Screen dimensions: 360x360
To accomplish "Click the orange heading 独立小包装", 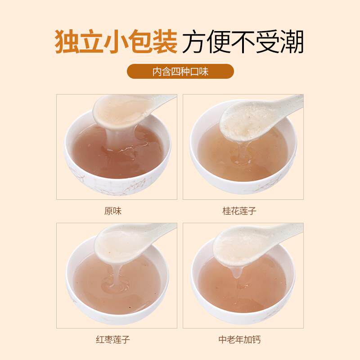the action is click(116, 41).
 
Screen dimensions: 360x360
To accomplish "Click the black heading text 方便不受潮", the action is click(243, 41).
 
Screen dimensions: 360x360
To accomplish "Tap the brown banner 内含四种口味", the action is click(180, 72).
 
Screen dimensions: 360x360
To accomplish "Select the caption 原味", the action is click(113, 211).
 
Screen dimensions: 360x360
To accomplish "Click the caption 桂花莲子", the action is click(239, 211).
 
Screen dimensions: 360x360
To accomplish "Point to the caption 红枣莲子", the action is click(113, 340).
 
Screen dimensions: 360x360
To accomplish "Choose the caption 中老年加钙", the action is click(239, 340).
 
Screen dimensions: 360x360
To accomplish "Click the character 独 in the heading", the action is click(67, 41).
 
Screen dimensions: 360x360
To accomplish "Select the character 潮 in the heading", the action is click(292, 41).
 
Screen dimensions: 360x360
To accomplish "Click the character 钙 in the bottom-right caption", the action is click(256, 340).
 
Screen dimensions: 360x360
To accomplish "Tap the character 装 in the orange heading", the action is click(165, 41).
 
